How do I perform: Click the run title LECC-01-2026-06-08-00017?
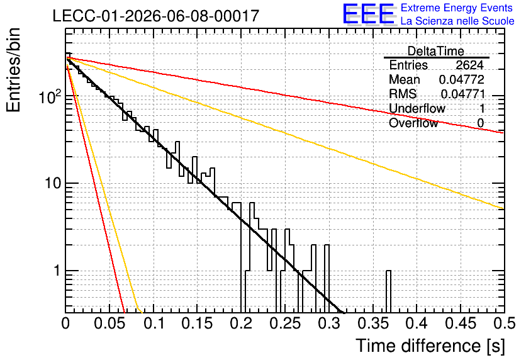point(156,16)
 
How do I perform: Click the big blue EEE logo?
point(369,14)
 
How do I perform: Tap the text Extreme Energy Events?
point(457,8)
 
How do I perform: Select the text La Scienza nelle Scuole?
point(457,21)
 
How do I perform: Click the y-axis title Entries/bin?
point(13,70)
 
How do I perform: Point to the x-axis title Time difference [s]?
point(430,346)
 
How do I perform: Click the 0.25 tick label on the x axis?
point(285,323)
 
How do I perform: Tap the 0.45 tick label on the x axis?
point(461,323)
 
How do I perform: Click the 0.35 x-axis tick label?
point(373,323)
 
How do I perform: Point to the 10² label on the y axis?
point(50,97)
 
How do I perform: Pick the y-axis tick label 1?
point(57,271)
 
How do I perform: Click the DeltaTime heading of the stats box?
point(436,51)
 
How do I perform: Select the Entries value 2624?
point(469,65)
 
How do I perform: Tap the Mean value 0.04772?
point(462,79)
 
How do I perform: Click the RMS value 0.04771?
point(463,94)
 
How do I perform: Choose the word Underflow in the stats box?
point(417,108)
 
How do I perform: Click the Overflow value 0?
point(480,123)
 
